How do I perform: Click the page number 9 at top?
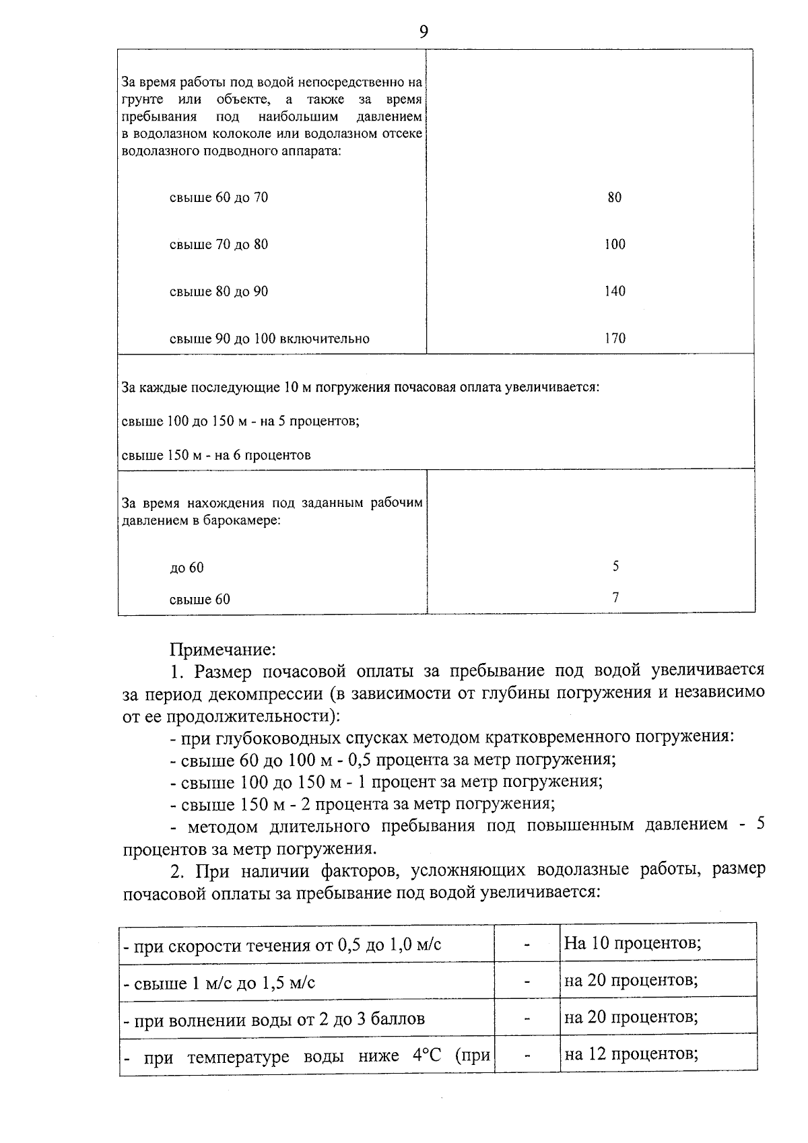click(423, 32)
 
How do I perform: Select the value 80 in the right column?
click(614, 197)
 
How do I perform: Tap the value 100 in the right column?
click(614, 244)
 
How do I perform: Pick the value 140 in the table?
click(614, 291)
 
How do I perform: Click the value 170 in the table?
click(614, 339)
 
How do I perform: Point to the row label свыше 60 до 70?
click(219, 197)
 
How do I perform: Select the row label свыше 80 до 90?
click(219, 291)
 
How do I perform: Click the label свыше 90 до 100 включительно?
click(269, 339)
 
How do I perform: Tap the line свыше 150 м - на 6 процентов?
click(216, 455)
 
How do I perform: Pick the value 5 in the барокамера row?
click(615, 566)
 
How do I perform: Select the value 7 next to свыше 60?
click(615, 597)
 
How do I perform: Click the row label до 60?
click(187, 568)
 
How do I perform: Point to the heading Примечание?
click(223, 650)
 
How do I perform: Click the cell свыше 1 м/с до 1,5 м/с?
click(220, 983)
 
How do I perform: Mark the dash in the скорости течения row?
click(527, 945)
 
